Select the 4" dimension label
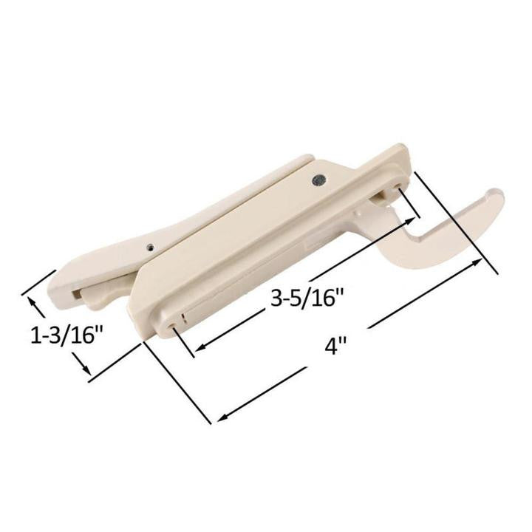[x=335, y=346]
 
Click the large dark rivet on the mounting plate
[x=318, y=178]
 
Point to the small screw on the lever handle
[x=151, y=248]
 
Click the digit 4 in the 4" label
[x=331, y=347]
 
